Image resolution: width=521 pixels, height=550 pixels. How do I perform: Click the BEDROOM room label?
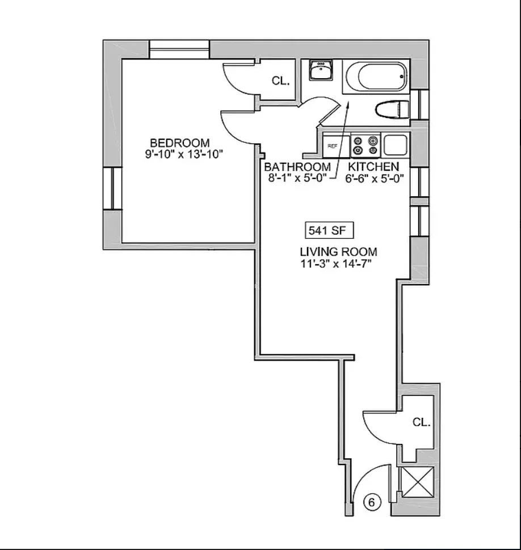[x=179, y=142]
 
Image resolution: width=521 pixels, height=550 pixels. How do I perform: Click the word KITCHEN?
[x=373, y=167]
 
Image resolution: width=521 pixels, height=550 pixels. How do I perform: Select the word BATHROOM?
[x=297, y=167]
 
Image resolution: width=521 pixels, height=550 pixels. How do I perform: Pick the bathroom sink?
[x=320, y=71]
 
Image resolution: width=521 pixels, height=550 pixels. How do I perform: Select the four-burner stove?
[x=365, y=145]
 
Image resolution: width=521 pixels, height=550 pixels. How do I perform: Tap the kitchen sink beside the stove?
[x=396, y=145]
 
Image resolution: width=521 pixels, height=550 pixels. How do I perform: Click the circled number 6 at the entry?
[x=371, y=502]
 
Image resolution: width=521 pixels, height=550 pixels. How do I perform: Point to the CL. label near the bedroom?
[x=280, y=81]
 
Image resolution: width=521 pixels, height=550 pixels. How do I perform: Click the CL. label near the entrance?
[x=421, y=422]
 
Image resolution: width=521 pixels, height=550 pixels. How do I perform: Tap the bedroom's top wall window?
[x=179, y=49]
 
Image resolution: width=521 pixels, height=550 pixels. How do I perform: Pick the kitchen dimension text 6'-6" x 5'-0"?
[x=375, y=177]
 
